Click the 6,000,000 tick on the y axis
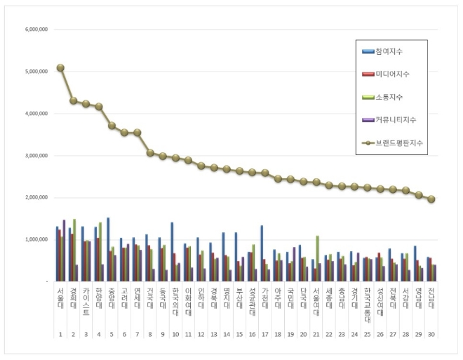tap(36, 29)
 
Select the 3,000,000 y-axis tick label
tap(36, 156)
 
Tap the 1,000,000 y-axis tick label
tap(36, 240)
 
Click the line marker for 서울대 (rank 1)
tap(60, 67)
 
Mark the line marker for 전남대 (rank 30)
tap(431, 199)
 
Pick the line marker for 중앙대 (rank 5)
tap(112, 126)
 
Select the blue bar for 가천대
tap(262, 253)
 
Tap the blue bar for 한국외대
tap(172, 252)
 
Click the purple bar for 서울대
tap(65, 251)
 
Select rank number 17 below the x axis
tap(265, 335)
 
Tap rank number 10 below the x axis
tap(175, 335)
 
